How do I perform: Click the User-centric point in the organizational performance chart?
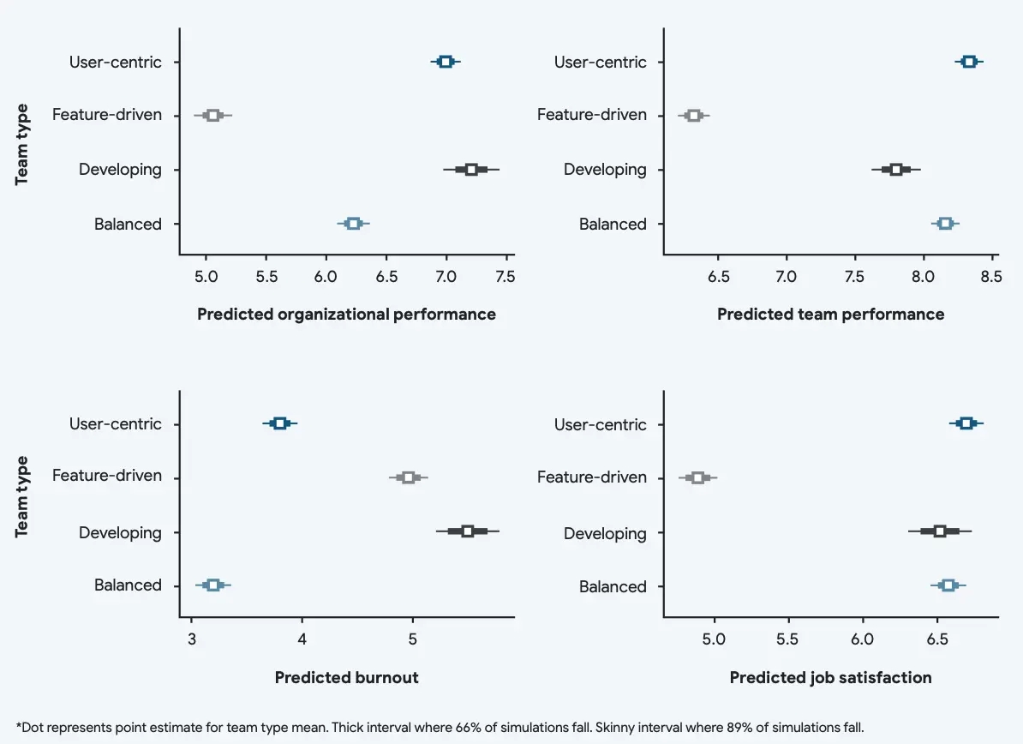point(446,61)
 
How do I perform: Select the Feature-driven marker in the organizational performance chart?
point(213,115)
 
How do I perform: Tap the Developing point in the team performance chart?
point(896,169)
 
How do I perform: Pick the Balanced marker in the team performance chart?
point(946,224)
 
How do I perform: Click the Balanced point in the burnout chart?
point(213,585)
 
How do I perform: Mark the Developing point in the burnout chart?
point(468,531)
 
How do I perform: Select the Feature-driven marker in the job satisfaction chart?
point(698,477)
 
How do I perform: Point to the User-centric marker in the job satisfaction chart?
point(966,423)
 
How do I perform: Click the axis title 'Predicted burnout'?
point(347,678)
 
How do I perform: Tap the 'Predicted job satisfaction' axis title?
point(830,678)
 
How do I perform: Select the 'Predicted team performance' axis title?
point(830,315)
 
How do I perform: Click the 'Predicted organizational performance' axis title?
point(347,315)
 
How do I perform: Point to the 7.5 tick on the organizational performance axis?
point(506,277)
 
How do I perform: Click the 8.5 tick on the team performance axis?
point(991,277)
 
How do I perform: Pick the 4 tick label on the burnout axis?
point(302,639)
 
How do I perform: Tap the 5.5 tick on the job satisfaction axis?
point(787,639)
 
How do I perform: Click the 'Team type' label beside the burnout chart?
point(22,496)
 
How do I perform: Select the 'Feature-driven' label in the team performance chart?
point(592,115)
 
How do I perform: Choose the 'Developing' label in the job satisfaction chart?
point(605,533)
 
